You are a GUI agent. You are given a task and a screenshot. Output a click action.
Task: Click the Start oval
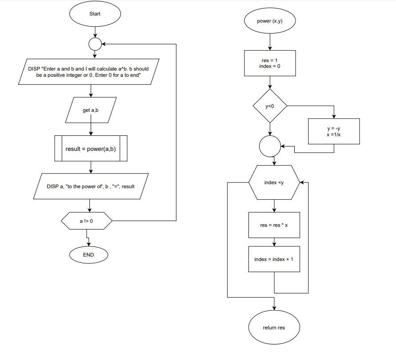coord(95,14)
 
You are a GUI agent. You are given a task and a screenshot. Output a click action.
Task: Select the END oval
coord(88,255)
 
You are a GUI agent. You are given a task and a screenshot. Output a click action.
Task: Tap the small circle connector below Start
coord(95,44)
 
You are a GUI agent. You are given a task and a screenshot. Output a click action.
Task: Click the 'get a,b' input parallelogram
coord(91,110)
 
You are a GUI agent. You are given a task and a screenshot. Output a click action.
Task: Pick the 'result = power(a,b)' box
coord(91,149)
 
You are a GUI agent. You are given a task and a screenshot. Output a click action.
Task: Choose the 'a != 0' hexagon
coord(86,221)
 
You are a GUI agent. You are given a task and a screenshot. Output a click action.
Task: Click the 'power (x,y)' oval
coord(270,21)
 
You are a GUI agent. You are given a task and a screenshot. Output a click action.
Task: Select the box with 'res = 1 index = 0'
coord(270,63)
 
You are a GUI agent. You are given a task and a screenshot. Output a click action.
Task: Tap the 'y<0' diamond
coord(270,106)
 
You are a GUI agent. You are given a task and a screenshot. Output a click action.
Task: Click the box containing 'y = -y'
coord(333,131)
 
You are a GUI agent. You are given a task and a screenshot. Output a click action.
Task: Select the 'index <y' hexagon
coord(274,182)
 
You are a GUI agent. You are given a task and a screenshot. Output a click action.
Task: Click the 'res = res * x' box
coord(274,225)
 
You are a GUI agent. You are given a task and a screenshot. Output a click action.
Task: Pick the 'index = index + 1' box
coord(274,259)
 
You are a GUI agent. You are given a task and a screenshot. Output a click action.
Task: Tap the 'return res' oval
coord(274,328)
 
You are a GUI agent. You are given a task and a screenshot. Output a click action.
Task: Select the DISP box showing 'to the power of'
coord(91,186)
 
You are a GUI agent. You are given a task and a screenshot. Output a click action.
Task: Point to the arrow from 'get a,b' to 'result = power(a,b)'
coord(91,129)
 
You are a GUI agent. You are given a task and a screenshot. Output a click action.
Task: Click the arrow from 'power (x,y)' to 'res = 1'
coord(270,42)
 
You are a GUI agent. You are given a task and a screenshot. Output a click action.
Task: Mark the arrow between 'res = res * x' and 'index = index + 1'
coord(274,242)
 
